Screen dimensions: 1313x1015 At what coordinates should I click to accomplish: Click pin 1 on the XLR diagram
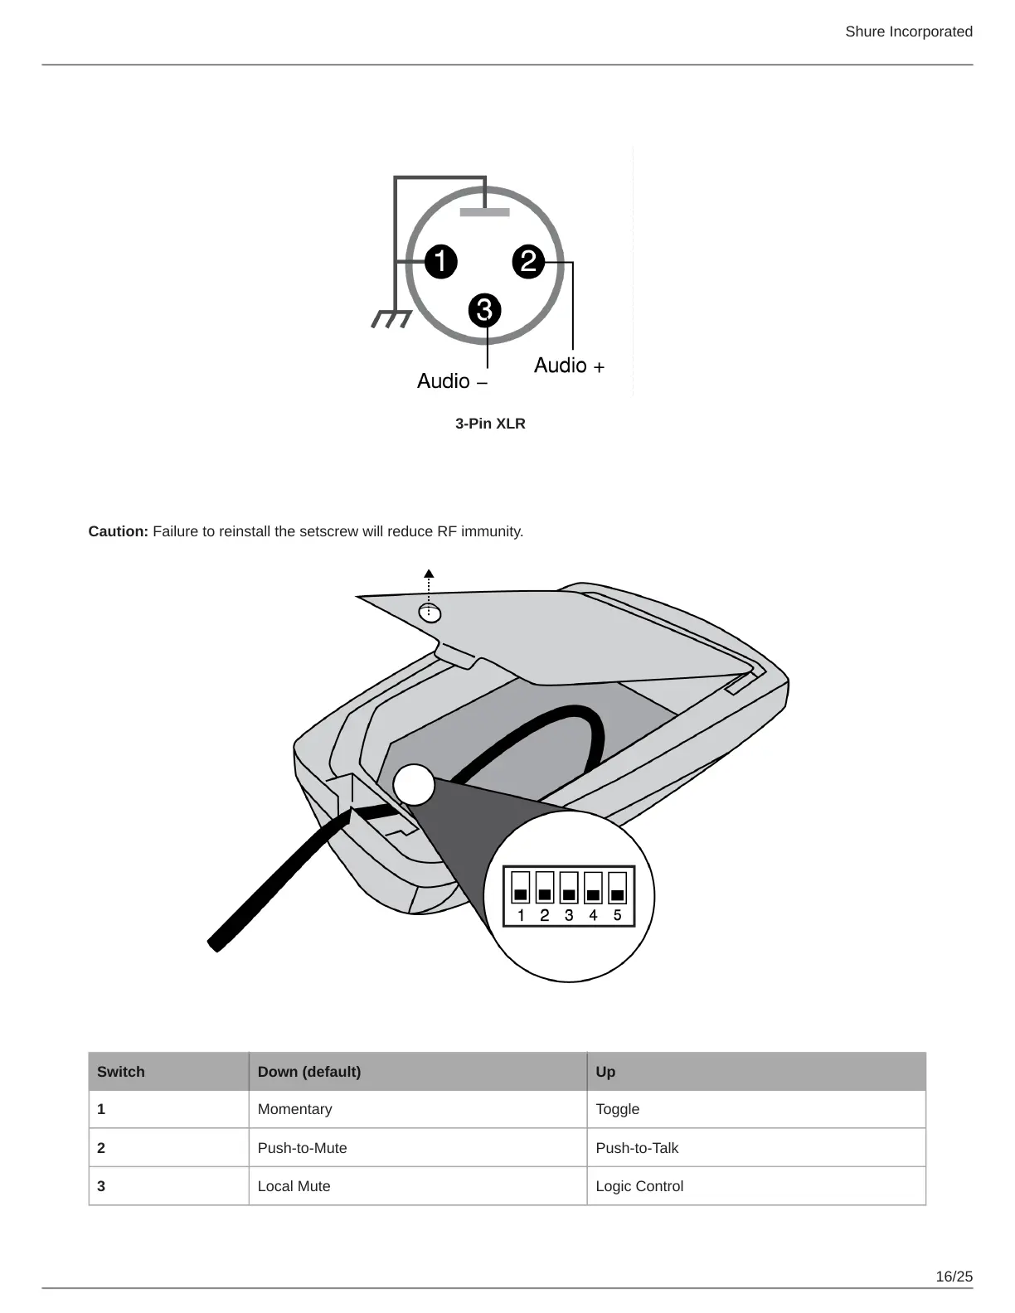click(x=441, y=262)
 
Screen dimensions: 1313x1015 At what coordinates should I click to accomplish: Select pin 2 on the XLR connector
click(x=528, y=262)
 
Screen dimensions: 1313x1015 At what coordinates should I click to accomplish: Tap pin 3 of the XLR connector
click(x=485, y=311)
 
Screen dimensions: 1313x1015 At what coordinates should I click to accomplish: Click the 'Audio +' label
click(x=569, y=366)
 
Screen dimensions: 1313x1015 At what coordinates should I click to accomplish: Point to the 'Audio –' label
click(x=452, y=381)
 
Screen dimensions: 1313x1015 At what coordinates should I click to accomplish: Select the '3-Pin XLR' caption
click(x=490, y=424)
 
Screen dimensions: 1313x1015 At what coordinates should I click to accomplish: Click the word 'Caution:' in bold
click(x=119, y=531)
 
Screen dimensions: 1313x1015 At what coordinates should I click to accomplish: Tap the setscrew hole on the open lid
click(x=430, y=613)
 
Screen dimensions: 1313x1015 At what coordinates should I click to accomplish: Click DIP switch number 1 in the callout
click(x=521, y=887)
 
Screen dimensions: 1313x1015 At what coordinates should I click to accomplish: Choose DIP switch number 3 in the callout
click(x=569, y=887)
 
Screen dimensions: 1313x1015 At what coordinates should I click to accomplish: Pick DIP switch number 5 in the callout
click(x=618, y=887)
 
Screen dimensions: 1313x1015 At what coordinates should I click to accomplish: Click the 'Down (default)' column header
click(x=309, y=1072)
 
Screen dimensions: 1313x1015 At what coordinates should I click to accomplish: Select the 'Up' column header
click(x=605, y=1072)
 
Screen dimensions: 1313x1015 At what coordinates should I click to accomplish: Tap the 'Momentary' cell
click(x=294, y=1109)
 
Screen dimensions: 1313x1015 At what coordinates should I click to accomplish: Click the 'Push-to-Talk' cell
click(x=637, y=1148)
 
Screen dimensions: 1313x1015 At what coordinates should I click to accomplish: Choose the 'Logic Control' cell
click(x=639, y=1186)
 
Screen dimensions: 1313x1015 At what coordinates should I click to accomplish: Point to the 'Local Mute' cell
click(x=294, y=1186)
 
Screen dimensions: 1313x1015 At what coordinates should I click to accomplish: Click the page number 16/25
click(x=954, y=1277)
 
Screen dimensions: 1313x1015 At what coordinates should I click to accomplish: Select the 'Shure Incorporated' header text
click(x=909, y=31)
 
